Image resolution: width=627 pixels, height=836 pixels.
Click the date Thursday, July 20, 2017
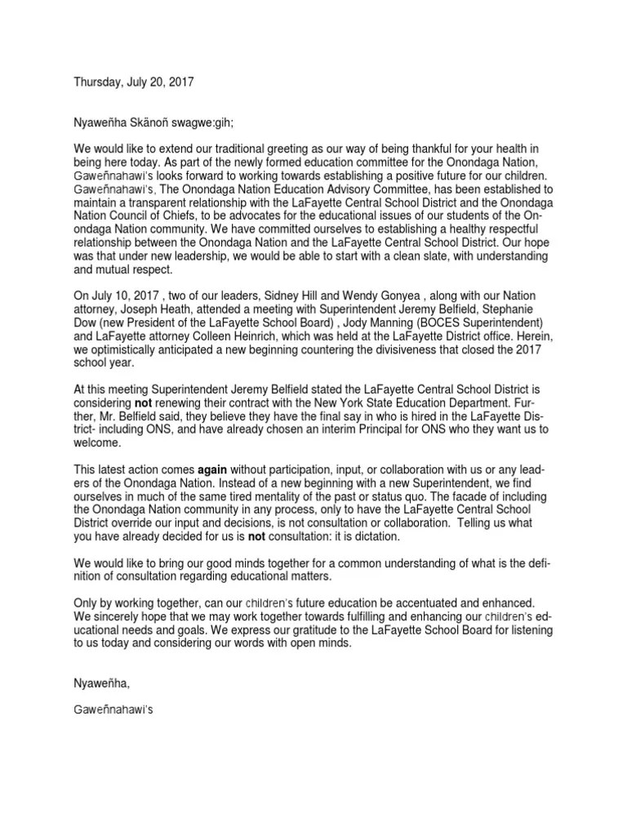[x=135, y=82]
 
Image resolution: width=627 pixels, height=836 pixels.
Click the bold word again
[x=217, y=473]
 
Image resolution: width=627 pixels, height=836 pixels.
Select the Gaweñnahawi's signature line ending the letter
[x=113, y=710]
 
